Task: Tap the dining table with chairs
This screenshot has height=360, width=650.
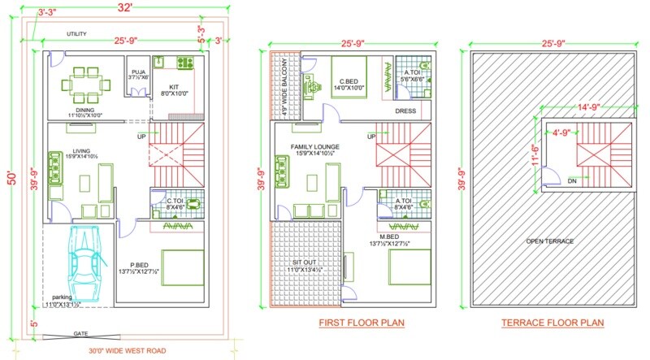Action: pyautogui.click(x=85, y=81)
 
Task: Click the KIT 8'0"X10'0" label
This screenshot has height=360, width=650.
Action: pyautogui.click(x=173, y=89)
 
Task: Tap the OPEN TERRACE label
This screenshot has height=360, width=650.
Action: pyautogui.click(x=549, y=241)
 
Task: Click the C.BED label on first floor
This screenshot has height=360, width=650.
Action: pyautogui.click(x=350, y=81)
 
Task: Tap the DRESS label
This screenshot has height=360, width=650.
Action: pyautogui.click(x=405, y=111)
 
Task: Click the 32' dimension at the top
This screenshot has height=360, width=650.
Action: pyautogui.click(x=121, y=8)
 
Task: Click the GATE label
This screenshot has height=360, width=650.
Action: pyautogui.click(x=80, y=334)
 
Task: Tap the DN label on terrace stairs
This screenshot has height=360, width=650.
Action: pyautogui.click(x=573, y=180)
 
